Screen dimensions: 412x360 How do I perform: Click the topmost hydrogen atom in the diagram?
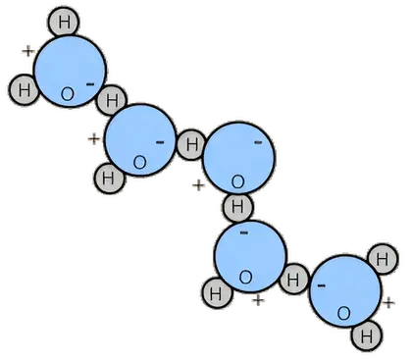coord(64,22)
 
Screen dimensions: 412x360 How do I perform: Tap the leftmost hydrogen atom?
coord(24,89)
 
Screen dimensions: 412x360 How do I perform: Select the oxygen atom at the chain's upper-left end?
coord(70,72)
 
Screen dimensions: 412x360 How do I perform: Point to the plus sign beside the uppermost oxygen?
coord(28,51)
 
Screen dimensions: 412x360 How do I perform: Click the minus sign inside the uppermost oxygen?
coord(90,84)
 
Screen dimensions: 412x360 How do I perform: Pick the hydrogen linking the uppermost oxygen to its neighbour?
coord(112,100)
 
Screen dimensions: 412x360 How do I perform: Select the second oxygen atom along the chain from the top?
coord(140,140)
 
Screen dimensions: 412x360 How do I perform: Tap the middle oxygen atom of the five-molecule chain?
coord(238,158)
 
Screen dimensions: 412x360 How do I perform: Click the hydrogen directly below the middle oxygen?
coord(237,207)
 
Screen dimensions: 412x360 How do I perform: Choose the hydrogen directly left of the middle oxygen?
coord(191,144)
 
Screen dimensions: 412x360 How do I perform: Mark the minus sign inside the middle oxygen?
coord(258,142)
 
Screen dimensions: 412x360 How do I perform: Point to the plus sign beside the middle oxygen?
coord(198,185)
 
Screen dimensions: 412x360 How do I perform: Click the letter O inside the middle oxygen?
coord(237,181)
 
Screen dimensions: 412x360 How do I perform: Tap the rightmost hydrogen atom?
coord(383,259)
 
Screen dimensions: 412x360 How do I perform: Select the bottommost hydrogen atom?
coord(367,335)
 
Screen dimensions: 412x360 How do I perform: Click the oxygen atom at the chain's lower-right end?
coord(345,290)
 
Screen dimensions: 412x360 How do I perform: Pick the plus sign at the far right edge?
coord(388,303)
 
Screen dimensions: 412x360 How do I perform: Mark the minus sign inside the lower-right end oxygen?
coord(322,285)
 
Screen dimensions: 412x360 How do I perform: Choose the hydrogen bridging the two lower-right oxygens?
coord(293,279)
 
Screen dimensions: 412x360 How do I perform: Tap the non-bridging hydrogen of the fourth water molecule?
coord(217,293)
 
